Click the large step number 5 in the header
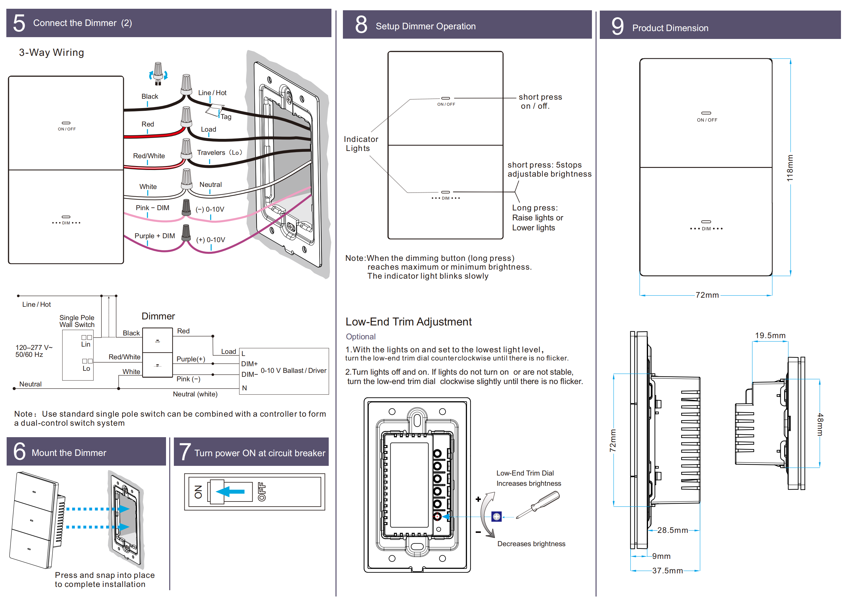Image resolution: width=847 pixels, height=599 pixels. click(x=19, y=23)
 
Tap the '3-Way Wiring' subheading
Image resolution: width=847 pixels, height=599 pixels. click(x=52, y=53)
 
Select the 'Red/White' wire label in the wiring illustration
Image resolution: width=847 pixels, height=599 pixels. click(x=149, y=156)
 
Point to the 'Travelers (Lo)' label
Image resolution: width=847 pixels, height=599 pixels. click(x=219, y=152)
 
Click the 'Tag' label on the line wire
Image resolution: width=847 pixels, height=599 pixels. click(x=226, y=117)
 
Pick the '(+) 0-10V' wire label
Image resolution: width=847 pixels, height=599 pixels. click(x=210, y=240)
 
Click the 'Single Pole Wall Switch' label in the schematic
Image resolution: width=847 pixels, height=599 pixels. click(x=77, y=321)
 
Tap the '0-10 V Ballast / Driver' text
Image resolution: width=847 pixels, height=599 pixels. click(x=293, y=370)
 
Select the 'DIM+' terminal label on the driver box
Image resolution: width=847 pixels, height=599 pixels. click(x=249, y=364)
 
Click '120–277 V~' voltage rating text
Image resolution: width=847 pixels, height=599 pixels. click(x=34, y=347)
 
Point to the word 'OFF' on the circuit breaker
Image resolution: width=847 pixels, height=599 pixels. click(x=261, y=492)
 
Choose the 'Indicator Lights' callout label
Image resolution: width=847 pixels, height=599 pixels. click(x=360, y=144)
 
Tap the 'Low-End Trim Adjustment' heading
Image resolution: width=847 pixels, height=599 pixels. click(x=408, y=322)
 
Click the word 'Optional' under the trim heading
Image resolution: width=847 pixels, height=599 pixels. click(x=360, y=337)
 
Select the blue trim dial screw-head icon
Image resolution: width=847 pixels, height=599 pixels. click(x=496, y=517)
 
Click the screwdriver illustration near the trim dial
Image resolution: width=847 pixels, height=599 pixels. click(x=538, y=505)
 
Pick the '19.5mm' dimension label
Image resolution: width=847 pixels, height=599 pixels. click(x=770, y=335)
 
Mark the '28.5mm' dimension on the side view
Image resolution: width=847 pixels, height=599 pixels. click(x=672, y=530)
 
